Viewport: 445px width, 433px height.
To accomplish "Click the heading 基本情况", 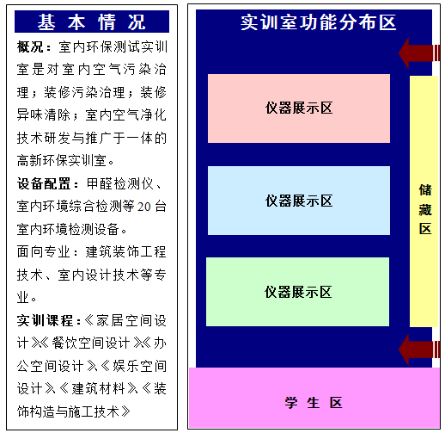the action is tap(92, 22).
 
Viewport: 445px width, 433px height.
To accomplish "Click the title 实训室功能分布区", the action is tap(318, 22).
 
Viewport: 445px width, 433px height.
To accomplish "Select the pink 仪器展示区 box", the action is tap(299, 108).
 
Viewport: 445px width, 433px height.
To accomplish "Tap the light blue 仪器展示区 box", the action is tap(299, 201).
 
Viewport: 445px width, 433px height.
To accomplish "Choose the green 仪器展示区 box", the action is tap(297, 292).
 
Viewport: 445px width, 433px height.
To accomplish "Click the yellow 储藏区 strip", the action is tap(424, 201).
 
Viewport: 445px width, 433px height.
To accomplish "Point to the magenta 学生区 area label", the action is tap(314, 403).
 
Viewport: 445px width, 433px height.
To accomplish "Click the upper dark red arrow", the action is tap(419, 53).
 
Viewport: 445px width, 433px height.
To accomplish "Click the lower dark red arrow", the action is tap(419, 349).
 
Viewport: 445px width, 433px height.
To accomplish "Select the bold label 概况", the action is tap(30, 46).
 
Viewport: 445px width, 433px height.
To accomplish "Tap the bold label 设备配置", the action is tap(44, 183).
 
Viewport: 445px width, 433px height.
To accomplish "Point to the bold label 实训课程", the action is tap(45, 320).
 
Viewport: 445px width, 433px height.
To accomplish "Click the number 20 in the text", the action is tap(143, 207).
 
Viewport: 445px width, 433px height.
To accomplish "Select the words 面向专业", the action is tap(43, 252).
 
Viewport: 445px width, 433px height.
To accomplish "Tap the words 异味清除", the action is tap(43, 115).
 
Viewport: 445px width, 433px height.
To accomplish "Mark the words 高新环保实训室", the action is tap(62, 161).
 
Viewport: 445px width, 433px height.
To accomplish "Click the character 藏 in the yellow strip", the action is tap(425, 210).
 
